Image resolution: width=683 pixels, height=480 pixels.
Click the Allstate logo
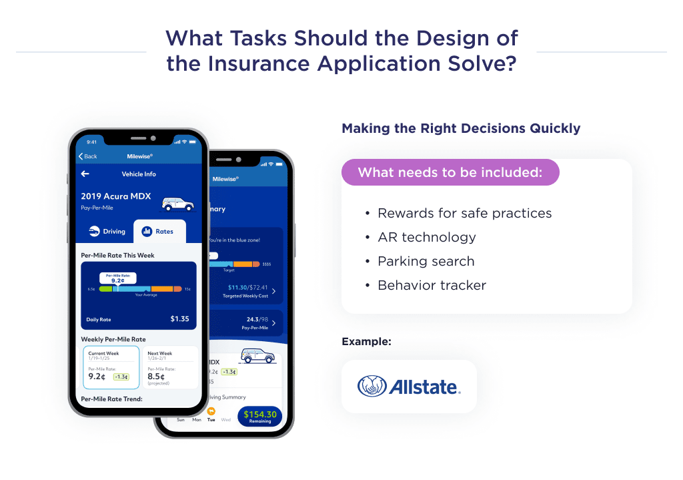(409, 387)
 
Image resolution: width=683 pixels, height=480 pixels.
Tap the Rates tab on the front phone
(159, 232)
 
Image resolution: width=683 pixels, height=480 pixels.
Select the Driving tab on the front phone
(107, 232)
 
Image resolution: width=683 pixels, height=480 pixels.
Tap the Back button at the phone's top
(88, 156)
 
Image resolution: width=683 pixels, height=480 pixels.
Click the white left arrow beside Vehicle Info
(85, 174)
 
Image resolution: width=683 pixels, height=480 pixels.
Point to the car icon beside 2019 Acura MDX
(177, 203)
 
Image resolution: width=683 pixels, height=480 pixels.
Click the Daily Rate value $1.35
(179, 319)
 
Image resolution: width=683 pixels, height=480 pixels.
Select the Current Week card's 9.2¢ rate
(97, 375)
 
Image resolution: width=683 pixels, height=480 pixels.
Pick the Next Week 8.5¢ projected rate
(156, 376)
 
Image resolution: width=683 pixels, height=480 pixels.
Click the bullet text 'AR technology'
(426, 237)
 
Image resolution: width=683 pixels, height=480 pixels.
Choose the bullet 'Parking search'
(426, 261)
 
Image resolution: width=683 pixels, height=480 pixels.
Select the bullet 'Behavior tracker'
(432, 285)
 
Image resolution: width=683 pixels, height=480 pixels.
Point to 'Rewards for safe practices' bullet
(464, 213)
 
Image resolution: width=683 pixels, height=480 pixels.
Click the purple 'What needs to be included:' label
(450, 172)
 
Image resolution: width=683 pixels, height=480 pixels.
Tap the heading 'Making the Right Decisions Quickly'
(461, 128)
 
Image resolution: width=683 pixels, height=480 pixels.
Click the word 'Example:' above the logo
(366, 341)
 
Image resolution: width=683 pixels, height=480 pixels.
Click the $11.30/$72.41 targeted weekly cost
(247, 287)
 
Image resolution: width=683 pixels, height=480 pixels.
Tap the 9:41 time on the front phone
(92, 142)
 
